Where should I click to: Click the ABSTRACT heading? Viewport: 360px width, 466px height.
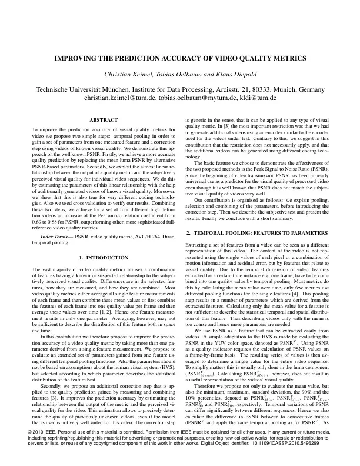tap(103, 120)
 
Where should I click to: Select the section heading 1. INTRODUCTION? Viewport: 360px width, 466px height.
tap(103, 259)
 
